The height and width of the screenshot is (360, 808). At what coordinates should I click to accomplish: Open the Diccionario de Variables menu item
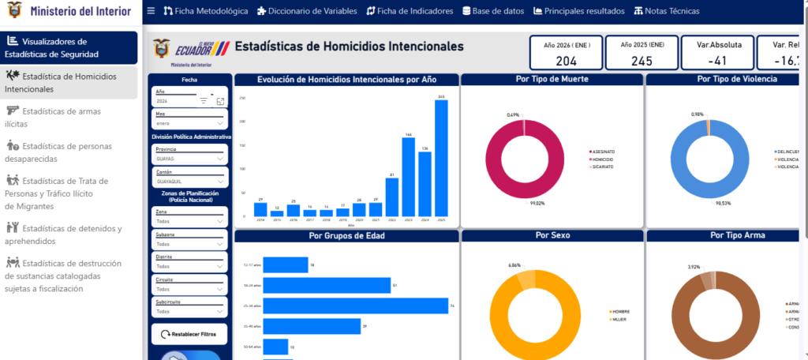[x=306, y=11]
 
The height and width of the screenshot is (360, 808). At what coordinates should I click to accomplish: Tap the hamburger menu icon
[x=151, y=11]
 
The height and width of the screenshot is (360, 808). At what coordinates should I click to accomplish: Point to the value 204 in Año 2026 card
[x=566, y=61]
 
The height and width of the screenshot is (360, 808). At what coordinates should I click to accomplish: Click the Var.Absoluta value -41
[x=716, y=61]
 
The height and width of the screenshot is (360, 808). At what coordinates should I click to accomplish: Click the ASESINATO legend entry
[x=603, y=152]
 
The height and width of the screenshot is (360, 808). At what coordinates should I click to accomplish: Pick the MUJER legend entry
[x=619, y=319]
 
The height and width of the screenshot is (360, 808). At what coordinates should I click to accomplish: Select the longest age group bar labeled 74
[x=355, y=306]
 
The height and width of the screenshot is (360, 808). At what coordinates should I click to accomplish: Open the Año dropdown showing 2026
[x=189, y=101]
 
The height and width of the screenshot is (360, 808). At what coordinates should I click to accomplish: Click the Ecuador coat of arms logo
[x=161, y=49]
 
